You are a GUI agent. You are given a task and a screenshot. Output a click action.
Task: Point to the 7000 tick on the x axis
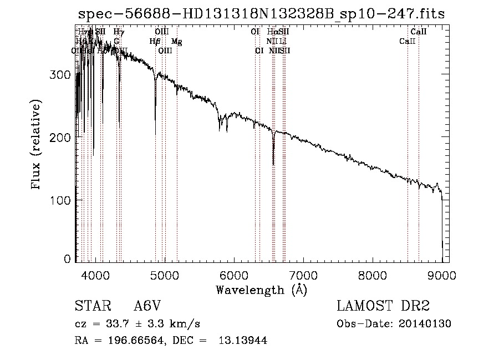click(x=303, y=275)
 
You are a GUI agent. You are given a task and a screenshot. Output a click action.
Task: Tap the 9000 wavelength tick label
click(x=442, y=275)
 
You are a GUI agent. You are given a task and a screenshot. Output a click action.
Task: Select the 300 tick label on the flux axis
click(x=63, y=75)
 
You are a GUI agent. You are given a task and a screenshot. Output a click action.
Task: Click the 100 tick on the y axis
click(x=63, y=200)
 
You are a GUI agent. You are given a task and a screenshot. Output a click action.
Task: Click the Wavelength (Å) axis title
click(x=261, y=290)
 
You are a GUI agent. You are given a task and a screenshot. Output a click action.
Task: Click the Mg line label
click(x=176, y=42)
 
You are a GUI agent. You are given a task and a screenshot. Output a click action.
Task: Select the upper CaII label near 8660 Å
click(x=419, y=32)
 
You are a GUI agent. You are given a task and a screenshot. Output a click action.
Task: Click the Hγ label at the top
click(x=118, y=32)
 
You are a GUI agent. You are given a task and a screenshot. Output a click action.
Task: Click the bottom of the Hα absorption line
click(x=273, y=164)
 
